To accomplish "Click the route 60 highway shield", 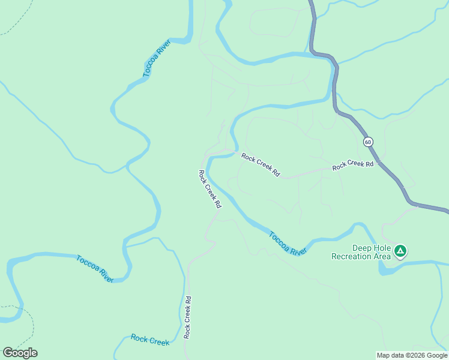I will (367, 142).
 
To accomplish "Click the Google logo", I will (20, 352).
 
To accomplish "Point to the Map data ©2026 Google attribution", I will (412, 355).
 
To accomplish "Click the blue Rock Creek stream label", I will (150, 340).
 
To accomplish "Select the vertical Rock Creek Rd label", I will (188, 317).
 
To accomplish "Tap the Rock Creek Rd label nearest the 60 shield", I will (353, 164).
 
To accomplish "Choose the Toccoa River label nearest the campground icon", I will (288, 244).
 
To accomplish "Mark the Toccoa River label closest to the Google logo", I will (95, 269).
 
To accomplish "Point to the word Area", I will (383, 256).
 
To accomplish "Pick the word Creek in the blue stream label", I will (159, 341).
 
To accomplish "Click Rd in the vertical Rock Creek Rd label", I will (188, 299).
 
